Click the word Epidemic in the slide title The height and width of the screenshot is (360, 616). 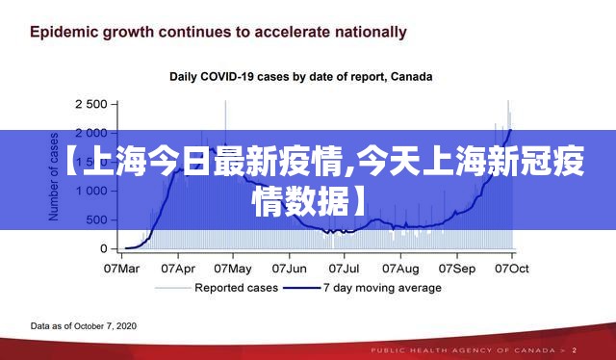click(64, 33)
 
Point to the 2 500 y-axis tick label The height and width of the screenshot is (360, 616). click(91, 104)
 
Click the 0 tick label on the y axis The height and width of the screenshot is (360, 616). click(103, 248)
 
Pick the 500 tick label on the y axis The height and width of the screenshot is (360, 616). click(96, 219)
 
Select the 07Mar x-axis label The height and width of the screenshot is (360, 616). click(121, 269)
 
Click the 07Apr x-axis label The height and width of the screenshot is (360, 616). click(178, 269)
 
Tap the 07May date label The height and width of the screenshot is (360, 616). click(233, 269)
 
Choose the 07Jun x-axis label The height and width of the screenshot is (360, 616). click(289, 269)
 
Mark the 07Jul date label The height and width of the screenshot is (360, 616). click(344, 269)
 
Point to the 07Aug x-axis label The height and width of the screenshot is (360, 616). click(400, 269)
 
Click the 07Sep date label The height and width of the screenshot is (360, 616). click(457, 269)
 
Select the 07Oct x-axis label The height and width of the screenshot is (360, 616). click(512, 269)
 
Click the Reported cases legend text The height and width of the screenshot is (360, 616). click(236, 288)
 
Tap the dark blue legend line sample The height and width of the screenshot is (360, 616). click(301, 288)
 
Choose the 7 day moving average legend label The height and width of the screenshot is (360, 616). click(382, 288)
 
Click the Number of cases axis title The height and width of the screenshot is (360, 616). click(54, 176)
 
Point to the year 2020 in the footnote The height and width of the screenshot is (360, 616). click(126, 326)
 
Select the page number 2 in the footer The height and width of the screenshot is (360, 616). click(575, 350)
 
